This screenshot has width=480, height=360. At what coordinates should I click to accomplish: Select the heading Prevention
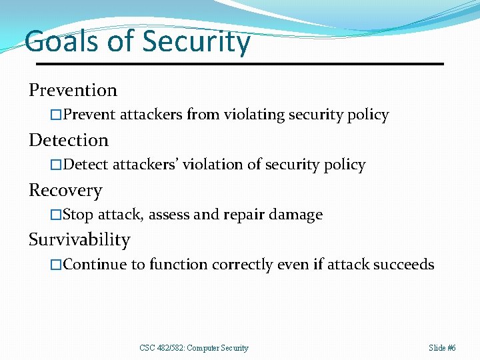pyautogui.click(x=73, y=90)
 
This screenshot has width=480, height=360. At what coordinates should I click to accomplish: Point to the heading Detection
pyautogui.click(x=68, y=140)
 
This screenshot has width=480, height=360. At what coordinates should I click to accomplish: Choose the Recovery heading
pyautogui.click(x=65, y=190)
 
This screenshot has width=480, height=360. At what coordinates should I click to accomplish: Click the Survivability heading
pyautogui.click(x=79, y=239)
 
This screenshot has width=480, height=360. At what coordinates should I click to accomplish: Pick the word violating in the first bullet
pyautogui.click(x=252, y=115)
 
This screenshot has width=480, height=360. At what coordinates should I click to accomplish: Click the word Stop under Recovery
pyautogui.click(x=78, y=215)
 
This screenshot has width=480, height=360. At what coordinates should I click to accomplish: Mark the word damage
pyautogui.click(x=297, y=215)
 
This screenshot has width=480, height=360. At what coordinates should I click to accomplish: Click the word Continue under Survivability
pyautogui.click(x=95, y=265)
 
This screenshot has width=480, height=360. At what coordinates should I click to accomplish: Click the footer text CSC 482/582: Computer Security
pyautogui.click(x=194, y=348)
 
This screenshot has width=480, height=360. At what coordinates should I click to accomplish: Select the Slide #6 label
pyautogui.click(x=442, y=348)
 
